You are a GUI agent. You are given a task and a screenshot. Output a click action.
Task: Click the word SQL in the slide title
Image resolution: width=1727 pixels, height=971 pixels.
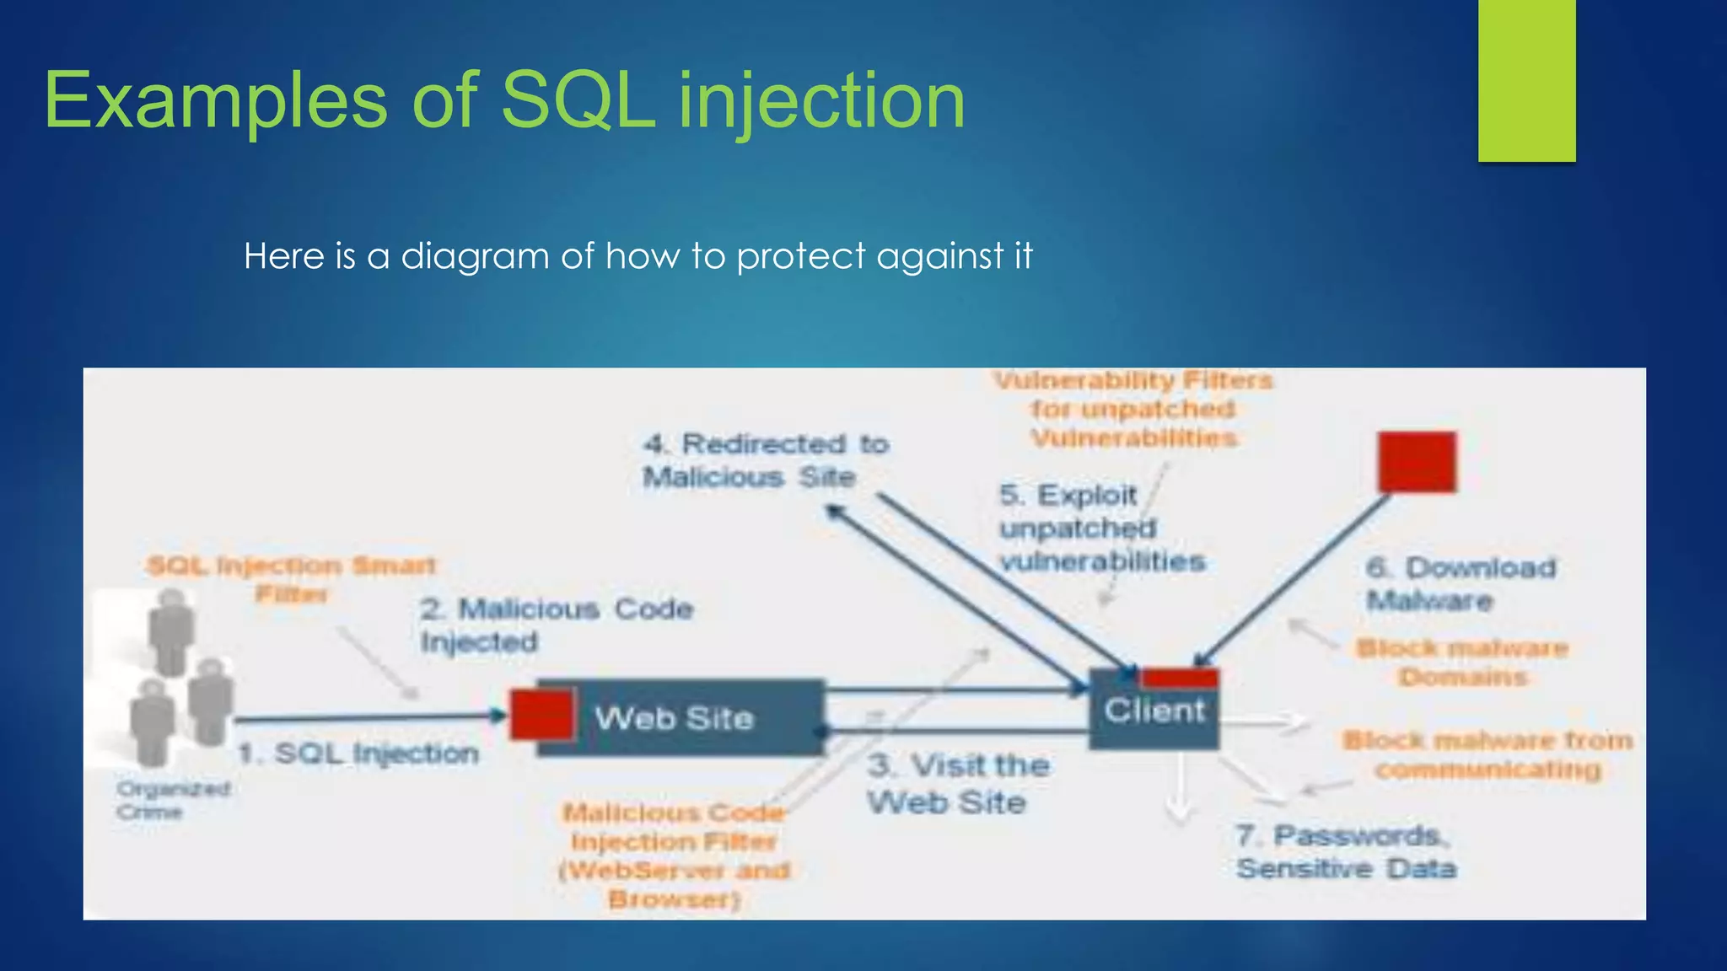click(x=578, y=101)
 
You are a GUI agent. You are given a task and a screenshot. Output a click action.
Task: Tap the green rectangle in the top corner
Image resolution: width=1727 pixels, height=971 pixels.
click(x=1526, y=80)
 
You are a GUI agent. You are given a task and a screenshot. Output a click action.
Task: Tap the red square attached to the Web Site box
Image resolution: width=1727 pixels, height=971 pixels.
click(x=541, y=714)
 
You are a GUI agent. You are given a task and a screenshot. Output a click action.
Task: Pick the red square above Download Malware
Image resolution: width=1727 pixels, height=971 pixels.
click(x=1417, y=462)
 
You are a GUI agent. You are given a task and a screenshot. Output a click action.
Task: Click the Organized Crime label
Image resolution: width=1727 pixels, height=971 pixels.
click(x=173, y=800)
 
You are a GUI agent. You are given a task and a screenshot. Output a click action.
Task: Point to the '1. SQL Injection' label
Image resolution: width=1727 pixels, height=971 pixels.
click(x=358, y=753)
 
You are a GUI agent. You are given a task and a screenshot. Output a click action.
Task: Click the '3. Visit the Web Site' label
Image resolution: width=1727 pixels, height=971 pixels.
click(x=958, y=783)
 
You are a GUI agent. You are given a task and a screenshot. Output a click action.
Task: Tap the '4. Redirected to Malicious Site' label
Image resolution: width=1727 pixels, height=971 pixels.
click(x=763, y=460)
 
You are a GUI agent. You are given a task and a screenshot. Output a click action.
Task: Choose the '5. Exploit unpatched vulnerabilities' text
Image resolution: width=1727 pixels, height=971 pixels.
click(x=1100, y=528)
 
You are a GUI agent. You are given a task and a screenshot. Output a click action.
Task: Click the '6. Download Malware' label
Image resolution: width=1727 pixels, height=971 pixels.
click(x=1461, y=583)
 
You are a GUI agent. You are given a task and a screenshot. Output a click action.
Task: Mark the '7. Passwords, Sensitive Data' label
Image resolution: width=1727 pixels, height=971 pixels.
click(x=1346, y=851)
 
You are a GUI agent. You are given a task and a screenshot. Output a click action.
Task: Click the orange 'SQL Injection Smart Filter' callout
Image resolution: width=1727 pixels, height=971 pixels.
click(x=291, y=579)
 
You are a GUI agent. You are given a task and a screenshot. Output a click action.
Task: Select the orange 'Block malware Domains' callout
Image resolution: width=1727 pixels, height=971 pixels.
click(x=1462, y=662)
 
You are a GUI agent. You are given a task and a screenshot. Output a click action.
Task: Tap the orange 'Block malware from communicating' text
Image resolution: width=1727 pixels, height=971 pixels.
click(x=1488, y=754)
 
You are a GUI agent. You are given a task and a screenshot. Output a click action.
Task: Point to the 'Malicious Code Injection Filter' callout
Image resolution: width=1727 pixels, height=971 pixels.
click(x=675, y=855)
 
